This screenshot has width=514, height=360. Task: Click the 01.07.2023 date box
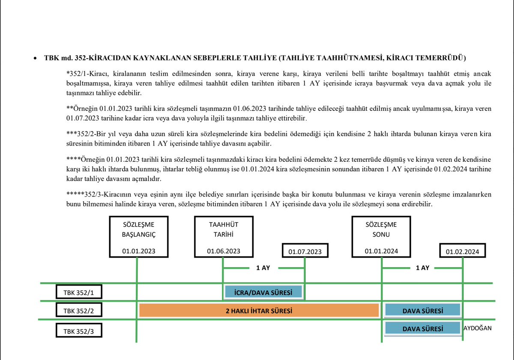[x=305, y=252]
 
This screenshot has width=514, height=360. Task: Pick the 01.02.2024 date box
[x=462, y=252]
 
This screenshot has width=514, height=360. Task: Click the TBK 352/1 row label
[x=79, y=293]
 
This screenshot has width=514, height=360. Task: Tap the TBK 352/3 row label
[x=79, y=331]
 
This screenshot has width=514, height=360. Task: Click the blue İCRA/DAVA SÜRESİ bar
[x=263, y=293]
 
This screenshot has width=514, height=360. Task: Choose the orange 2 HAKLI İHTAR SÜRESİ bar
[x=259, y=311]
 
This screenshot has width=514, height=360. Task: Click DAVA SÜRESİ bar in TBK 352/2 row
[x=422, y=311]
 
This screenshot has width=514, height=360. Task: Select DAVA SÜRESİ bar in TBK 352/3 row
[x=422, y=329]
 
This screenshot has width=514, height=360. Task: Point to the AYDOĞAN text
[x=478, y=328]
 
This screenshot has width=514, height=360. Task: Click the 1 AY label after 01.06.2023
[x=263, y=268]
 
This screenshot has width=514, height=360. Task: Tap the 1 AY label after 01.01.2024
[x=422, y=268]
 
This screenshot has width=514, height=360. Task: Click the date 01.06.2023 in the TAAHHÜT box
[x=224, y=251]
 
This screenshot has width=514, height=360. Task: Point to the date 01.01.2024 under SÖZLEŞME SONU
[x=381, y=251]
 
